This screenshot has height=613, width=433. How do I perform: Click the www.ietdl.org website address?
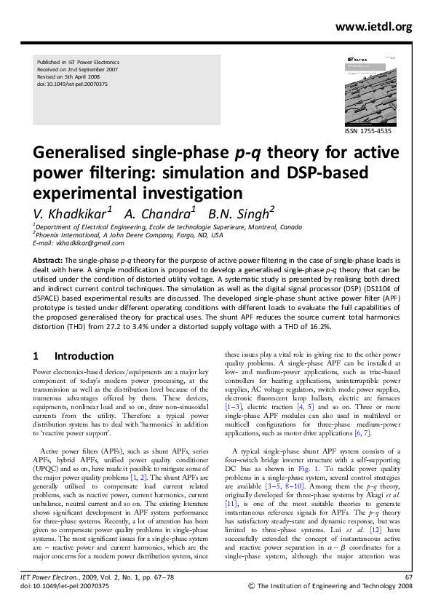coord(374,28)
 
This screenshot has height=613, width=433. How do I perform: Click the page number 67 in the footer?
coord(408,596)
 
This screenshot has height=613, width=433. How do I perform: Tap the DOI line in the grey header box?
coord(72,84)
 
